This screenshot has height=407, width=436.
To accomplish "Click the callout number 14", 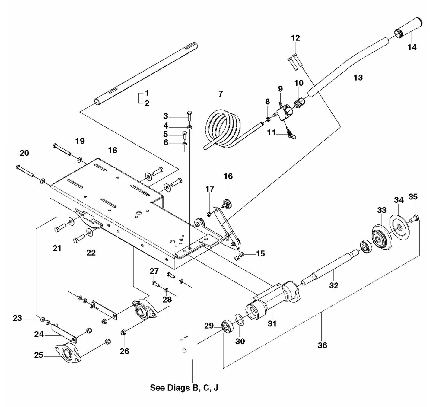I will click(412, 47).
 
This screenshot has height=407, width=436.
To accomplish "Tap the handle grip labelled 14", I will click(409, 27).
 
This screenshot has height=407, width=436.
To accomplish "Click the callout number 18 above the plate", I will click(113, 150).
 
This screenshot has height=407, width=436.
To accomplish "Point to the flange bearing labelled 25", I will click(68, 353).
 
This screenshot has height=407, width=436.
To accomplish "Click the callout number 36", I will click(322, 345).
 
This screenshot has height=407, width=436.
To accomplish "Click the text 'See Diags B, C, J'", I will click(184, 388).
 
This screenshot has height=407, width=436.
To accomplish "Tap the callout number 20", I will click(24, 153).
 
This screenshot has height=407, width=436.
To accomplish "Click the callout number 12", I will click(295, 38).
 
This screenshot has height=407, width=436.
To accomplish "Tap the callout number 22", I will click(91, 252).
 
